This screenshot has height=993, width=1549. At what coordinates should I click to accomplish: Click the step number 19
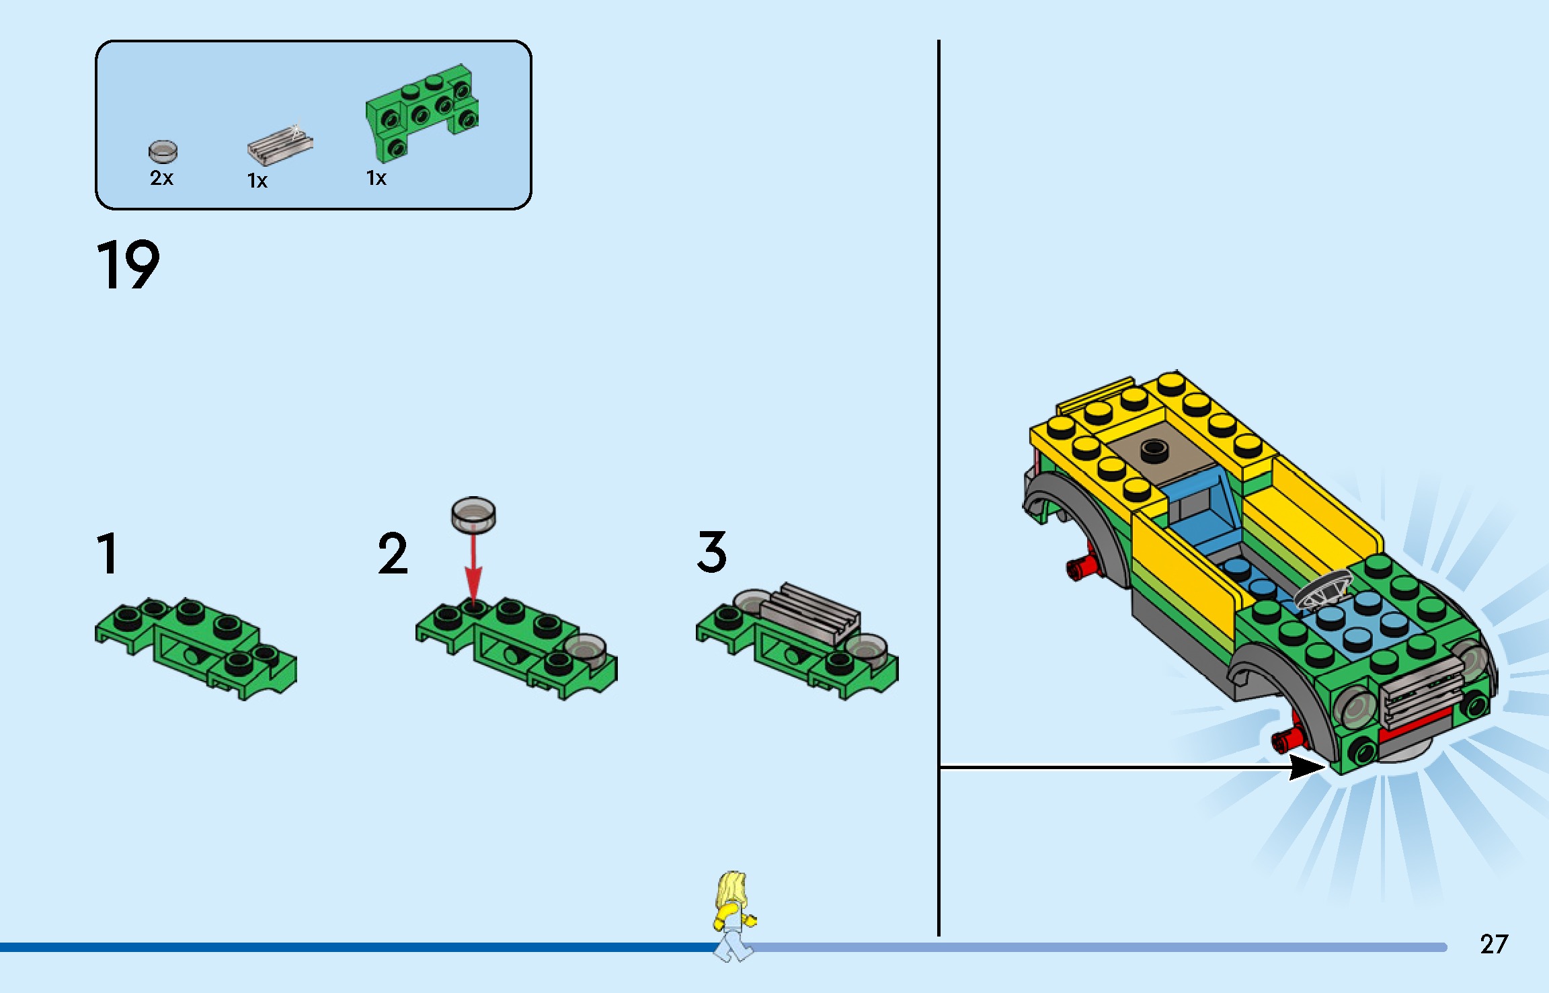(128, 265)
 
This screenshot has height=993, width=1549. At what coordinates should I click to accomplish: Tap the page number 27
(1494, 945)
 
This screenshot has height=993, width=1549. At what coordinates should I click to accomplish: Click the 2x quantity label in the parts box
(161, 178)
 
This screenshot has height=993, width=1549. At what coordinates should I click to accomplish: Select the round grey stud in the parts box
(163, 151)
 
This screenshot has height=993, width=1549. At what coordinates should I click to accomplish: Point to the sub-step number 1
(108, 553)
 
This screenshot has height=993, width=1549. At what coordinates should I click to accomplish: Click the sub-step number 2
(393, 553)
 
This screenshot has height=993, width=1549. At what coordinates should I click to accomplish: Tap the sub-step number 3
(711, 552)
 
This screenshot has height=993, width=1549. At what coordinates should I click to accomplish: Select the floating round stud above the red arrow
(473, 514)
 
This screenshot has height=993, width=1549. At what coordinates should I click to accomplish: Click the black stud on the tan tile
(1154, 450)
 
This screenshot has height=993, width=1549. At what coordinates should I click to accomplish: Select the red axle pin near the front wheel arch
(1287, 739)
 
